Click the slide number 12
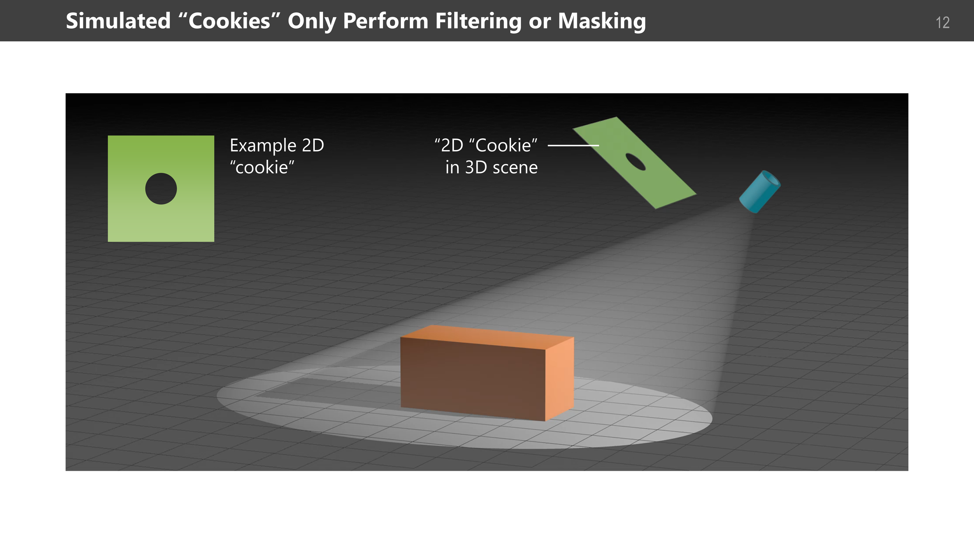coord(942,23)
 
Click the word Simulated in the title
coord(118,21)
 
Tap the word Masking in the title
coord(602,21)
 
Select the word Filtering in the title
coord(478,21)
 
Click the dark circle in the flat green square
coord(161,189)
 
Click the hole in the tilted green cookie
coord(635,162)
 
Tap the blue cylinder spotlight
coord(758,193)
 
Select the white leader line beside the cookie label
coord(573,145)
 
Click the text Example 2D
coord(277,145)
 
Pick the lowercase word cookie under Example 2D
coord(262,168)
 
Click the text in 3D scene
coord(491,168)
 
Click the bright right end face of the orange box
coord(559,378)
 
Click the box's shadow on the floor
coord(331,388)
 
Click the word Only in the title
coord(312,21)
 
